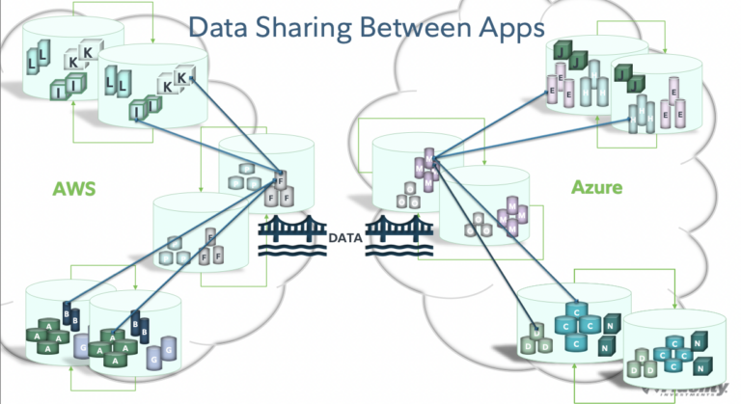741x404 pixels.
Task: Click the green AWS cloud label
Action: (74, 190)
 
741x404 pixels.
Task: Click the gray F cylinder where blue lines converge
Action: (280, 180)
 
